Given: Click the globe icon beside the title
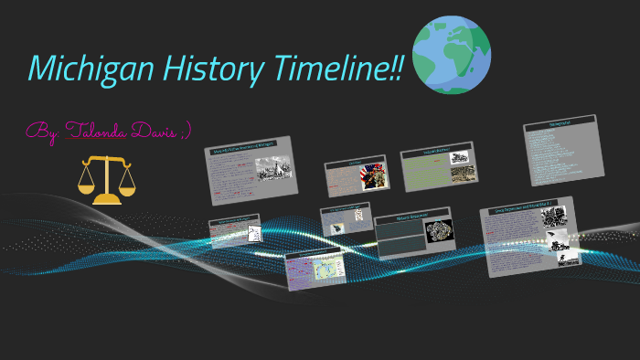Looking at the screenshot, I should coord(451,54).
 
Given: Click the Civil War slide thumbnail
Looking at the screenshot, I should coord(357,175).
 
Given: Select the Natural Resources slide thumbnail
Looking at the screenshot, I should coord(416,233).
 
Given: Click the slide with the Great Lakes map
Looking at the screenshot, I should coord(315,270).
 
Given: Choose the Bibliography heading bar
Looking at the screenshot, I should coord(560,123).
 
